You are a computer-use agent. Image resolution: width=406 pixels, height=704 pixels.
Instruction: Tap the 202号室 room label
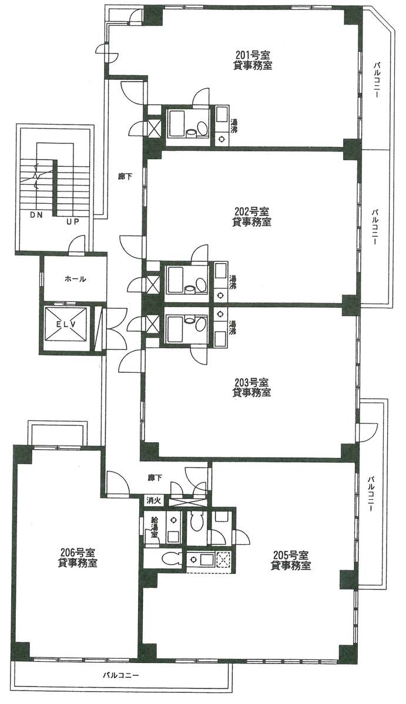pyautogui.click(x=251, y=211)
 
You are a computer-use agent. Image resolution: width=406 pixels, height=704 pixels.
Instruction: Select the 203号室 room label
pyautogui.click(x=251, y=382)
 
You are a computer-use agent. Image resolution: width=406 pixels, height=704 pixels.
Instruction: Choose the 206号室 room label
pyautogui.click(x=77, y=552)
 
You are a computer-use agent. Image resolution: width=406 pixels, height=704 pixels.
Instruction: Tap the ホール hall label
pyautogui.click(x=75, y=279)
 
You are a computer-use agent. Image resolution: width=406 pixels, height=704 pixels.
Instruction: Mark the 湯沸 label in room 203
pyautogui.click(x=231, y=328)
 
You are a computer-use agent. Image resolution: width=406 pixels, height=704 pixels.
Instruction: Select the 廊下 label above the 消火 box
pyautogui.click(x=154, y=478)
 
